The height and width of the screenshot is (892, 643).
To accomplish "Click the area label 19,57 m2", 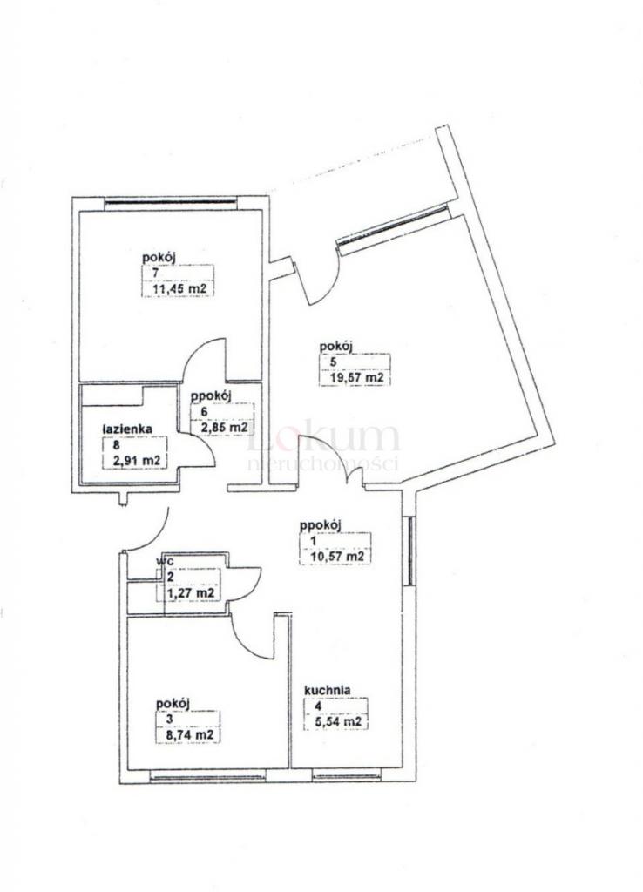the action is pos(355,376).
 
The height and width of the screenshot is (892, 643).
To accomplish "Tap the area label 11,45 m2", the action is pos(179,288).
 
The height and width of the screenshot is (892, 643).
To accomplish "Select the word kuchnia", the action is pos(328,690).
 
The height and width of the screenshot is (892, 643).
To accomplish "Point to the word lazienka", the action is pos(126,429).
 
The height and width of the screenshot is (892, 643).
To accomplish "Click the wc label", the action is pos(166,560).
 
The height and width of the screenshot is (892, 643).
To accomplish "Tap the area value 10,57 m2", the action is pos(337,556).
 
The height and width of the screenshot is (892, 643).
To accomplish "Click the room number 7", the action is pos(155,273).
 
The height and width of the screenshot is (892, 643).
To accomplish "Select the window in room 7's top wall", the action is pos(170,200).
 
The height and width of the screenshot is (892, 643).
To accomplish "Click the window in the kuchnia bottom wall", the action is pos(347,774).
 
